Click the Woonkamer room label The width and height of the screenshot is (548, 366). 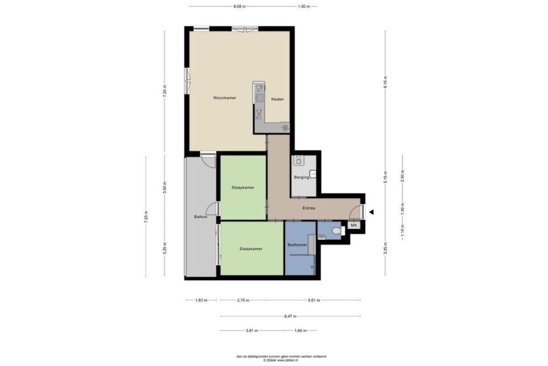tap(225, 98)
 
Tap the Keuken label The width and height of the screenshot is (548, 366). tap(278, 99)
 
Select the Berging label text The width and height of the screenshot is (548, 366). tap(301, 177)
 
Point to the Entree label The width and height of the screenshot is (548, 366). tap(309, 208)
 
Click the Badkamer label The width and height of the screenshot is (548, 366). tap(297, 245)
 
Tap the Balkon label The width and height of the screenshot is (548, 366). tap(200, 217)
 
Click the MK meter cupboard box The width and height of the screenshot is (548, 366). tap(354, 225)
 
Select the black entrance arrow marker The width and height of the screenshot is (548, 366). tap(371, 212)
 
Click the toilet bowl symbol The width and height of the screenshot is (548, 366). tap(337, 231)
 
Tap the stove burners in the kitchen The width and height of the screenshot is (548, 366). tap(259, 114)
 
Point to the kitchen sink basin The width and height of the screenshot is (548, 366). tap(259, 98)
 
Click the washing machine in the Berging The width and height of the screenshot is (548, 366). tap(299, 160)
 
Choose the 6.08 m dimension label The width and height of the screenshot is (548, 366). tap(239, 6)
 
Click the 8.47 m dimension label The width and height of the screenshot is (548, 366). tap(290, 316)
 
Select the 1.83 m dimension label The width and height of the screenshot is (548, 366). tap(201, 300)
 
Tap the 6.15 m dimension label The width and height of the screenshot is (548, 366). tap(385, 82)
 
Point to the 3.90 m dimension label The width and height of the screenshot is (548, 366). tap(165, 188)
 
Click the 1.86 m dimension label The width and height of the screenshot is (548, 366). tap(300, 330)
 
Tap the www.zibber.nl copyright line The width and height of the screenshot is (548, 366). tap(280, 361)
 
